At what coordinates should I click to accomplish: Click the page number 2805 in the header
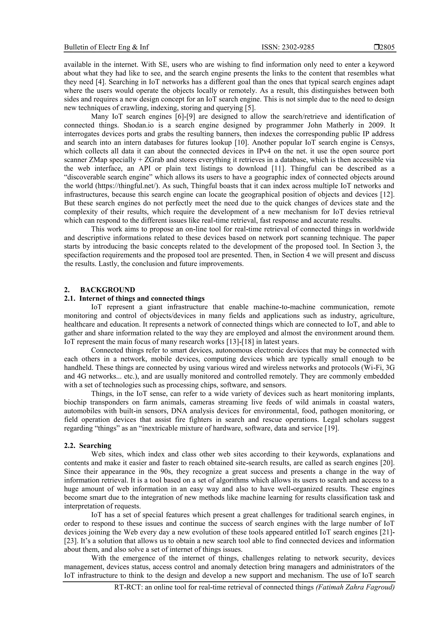[387, 47]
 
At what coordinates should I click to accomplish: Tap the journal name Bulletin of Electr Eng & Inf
[106, 47]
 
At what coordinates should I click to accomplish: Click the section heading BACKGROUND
[108, 290]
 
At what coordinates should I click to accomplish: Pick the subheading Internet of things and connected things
[142, 299]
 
